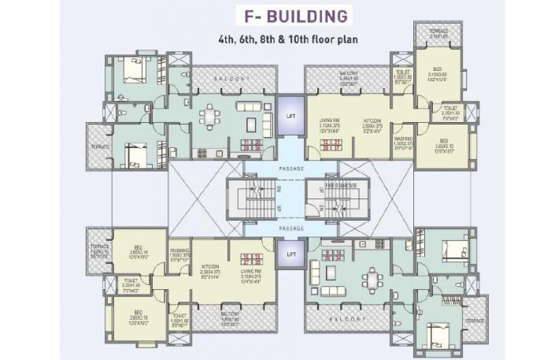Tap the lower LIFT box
[290, 254]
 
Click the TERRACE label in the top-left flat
[100, 147]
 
